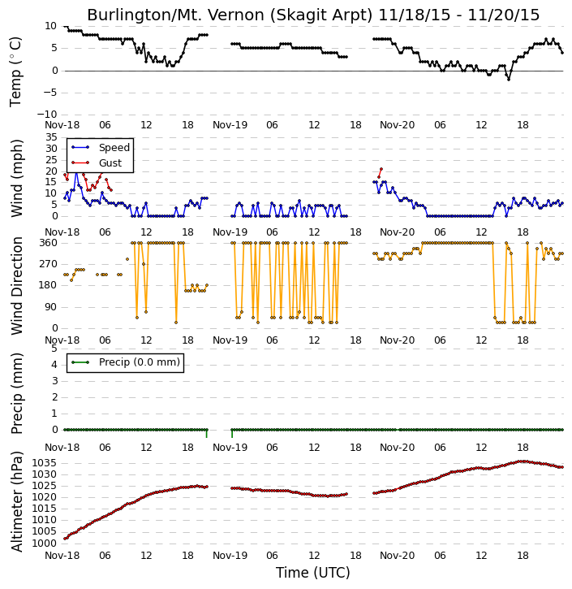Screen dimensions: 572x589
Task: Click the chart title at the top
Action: pyautogui.click(x=313, y=15)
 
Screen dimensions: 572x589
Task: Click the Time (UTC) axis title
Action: pyautogui.click(x=313, y=573)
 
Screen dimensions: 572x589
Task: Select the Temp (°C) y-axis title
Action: pyautogui.click(x=15, y=71)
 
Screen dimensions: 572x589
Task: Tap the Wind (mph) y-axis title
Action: pyautogui.click(x=17, y=178)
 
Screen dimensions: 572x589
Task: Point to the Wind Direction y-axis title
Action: pyautogui.click(x=17, y=285)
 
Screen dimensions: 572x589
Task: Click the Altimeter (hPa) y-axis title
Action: pyautogui.click(x=17, y=502)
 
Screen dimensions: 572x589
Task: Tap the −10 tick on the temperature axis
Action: pyautogui.click(x=50, y=115)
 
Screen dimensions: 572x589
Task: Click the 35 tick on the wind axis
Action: pyautogui.click(x=51, y=137)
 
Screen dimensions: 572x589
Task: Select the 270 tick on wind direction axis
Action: pyautogui.click(x=49, y=264)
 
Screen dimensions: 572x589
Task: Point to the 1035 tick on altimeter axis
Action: pyautogui.click(x=45, y=463)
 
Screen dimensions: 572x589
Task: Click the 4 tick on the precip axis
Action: pyautogui.click(x=54, y=365)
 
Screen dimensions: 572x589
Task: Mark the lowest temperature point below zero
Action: pyautogui.click(x=509, y=80)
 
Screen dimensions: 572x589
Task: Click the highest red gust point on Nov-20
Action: pyautogui.click(x=381, y=169)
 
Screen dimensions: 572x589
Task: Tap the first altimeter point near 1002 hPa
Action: pyautogui.click(x=65, y=539)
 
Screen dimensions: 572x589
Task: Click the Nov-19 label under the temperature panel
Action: pyautogui.click(x=230, y=125)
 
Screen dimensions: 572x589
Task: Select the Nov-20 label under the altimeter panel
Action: pyautogui.click(x=398, y=555)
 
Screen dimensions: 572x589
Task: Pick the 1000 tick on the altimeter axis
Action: pyautogui.click(x=45, y=544)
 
